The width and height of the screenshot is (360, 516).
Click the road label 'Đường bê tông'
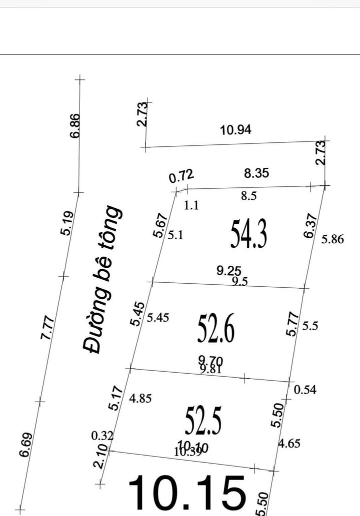[102, 280]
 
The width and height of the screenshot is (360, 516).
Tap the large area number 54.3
[248, 235]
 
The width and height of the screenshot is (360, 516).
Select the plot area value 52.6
[216, 329]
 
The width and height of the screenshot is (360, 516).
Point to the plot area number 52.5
[203, 421]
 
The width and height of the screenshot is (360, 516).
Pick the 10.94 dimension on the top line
[236, 130]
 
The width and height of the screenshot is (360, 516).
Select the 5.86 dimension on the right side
[332, 239]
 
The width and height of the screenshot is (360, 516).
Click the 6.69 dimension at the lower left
[26, 445]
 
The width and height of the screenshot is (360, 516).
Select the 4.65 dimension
[289, 443]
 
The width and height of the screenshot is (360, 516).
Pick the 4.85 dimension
[140, 399]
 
